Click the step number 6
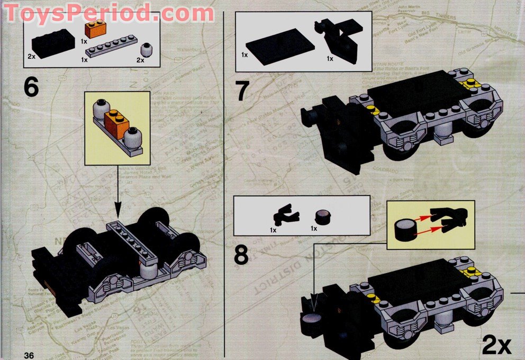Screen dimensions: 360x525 [31, 87]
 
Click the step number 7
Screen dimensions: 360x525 [242, 91]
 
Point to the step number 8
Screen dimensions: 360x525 [241, 255]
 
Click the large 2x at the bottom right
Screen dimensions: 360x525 [496, 345]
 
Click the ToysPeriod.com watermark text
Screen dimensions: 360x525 [108, 12]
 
